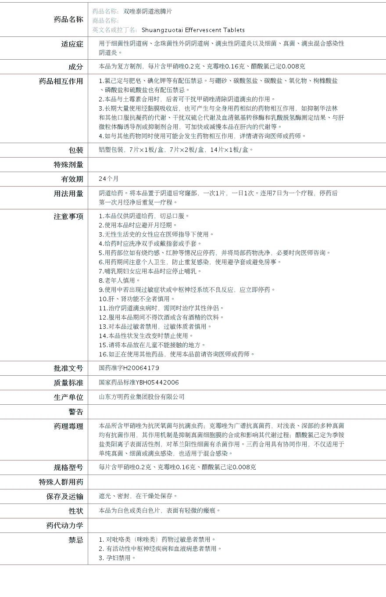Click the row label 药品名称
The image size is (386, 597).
(x=68, y=19)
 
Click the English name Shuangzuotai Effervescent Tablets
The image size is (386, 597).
(x=193, y=30)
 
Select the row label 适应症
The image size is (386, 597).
(x=72, y=44)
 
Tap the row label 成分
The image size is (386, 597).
(x=75, y=67)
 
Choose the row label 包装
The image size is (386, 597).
(x=75, y=150)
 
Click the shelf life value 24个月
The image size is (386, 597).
(x=109, y=179)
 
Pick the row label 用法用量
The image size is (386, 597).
(x=68, y=194)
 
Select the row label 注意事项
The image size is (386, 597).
(x=68, y=216)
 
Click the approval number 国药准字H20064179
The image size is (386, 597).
(x=129, y=368)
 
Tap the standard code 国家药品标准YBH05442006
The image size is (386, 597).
(x=139, y=382)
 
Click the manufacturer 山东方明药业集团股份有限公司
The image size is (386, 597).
(x=142, y=397)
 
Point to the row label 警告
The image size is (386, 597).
(x=75, y=412)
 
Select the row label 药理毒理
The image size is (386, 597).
(x=68, y=426)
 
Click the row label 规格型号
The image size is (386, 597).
(x=68, y=468)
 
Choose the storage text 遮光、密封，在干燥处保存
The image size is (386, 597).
(x=138, y=496)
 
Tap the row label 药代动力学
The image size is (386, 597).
(x=64, y=525)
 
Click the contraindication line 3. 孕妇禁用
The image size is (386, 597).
(x=117, y=558)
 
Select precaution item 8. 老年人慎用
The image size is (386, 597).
(x=119, y=280)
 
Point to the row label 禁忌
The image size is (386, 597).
(x=75, y=540)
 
